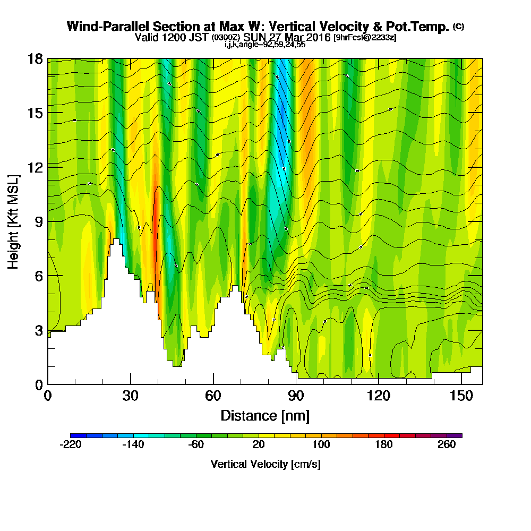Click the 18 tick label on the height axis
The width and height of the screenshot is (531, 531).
(35, 58)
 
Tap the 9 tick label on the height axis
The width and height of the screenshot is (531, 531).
(38, 221)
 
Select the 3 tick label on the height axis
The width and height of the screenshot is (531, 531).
(38, 330)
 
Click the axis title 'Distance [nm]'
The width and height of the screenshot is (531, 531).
(265, 415)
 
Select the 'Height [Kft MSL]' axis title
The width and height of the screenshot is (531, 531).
(14, 221)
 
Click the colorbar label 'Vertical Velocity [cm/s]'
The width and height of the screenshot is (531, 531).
(265, 464)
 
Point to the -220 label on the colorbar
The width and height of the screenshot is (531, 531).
(71, 445)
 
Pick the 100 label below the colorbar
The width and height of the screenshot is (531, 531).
(321, 445)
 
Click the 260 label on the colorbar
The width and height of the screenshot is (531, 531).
(447, 445)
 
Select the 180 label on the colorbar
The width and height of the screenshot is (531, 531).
(383, 445)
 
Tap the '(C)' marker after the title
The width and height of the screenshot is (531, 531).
(458, 27)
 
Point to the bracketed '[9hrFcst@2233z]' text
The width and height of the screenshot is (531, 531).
(365, 38)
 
